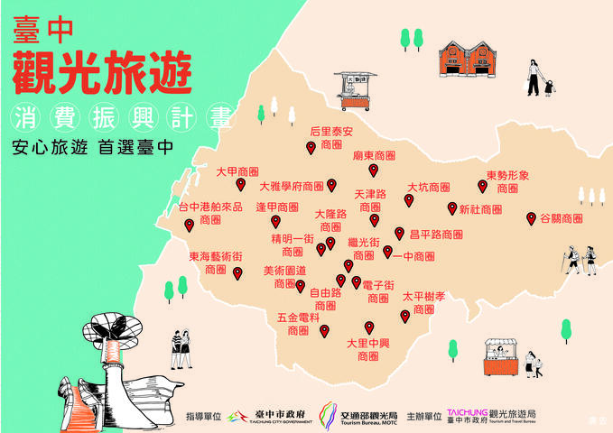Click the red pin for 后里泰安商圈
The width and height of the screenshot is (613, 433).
(311, 147)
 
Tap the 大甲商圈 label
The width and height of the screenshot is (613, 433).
(237, 170)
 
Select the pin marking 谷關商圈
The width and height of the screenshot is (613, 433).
(532, 217)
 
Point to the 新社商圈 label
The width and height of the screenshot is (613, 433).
(480, 209)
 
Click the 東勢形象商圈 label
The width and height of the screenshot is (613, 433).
(507, 181)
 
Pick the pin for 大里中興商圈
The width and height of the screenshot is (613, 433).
(368, 327)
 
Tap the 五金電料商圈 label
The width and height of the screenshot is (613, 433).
(299, 325)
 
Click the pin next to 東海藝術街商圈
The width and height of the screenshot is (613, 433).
(237, 272)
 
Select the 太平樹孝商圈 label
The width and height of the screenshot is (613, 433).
(423, 302)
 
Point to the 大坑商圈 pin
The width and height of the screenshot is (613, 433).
(408, 199)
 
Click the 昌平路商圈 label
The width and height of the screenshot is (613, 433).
(435, 235)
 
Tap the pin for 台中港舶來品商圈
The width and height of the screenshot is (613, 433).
(190, 226)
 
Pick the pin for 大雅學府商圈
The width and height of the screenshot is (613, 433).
(331, 185)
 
